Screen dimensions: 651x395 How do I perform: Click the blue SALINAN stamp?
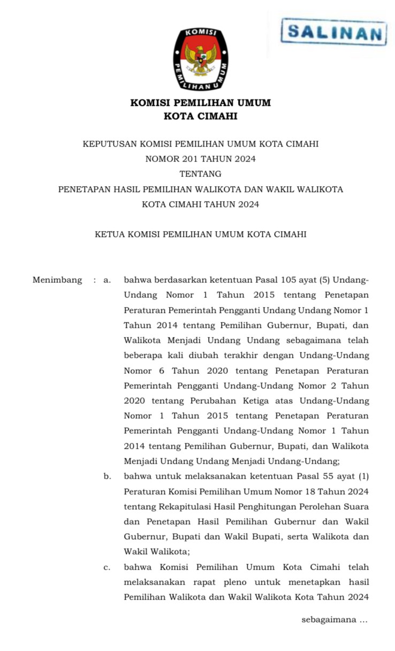point(334,32)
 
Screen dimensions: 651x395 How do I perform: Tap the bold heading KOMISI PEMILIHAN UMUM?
point(201,103)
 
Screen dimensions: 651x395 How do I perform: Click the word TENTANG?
point(201,174)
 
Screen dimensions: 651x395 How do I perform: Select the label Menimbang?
point(57,280)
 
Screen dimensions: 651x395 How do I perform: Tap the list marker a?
point(107,280)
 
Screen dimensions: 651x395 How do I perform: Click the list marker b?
point(107,476)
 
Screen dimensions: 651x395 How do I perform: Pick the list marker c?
point(107,567)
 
